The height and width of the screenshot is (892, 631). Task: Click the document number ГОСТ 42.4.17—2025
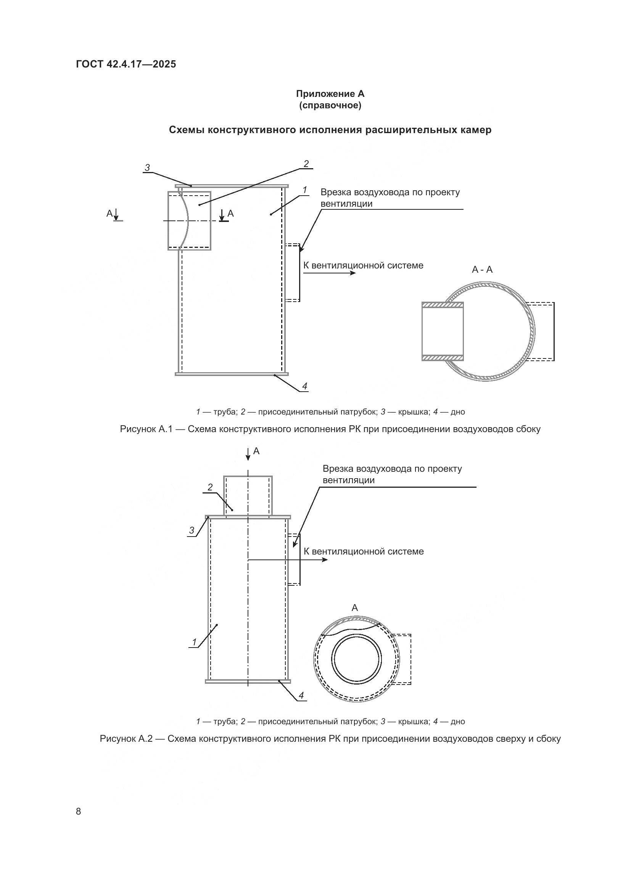click(x=126, y=64)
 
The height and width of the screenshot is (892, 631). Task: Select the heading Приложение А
click(x=330, y=94)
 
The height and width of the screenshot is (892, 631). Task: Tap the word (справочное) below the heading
click(x=330, y=106)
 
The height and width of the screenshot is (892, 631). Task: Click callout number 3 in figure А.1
click(x=147, y=168)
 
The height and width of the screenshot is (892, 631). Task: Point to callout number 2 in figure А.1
click(x=306, y=164)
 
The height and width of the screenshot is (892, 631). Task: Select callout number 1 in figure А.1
click(x=304, y=190)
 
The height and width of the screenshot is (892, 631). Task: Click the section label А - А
click(x=482, y=270)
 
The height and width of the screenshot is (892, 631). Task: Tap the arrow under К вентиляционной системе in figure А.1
click(x=330, y=273)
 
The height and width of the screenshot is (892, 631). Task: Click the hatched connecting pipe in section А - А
click(x=443, y=331)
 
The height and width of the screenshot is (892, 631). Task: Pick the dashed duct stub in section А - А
click(x=540, y=331)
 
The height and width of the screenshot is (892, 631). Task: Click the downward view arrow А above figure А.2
click(x=248, y=453)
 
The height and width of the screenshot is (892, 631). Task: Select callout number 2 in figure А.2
click(x=210, y=487)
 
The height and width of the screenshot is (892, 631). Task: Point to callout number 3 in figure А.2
click(x=192, y=530)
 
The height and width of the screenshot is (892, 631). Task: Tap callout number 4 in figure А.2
click(x=301, y=696)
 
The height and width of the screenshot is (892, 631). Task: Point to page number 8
click(x=79, y=811)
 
